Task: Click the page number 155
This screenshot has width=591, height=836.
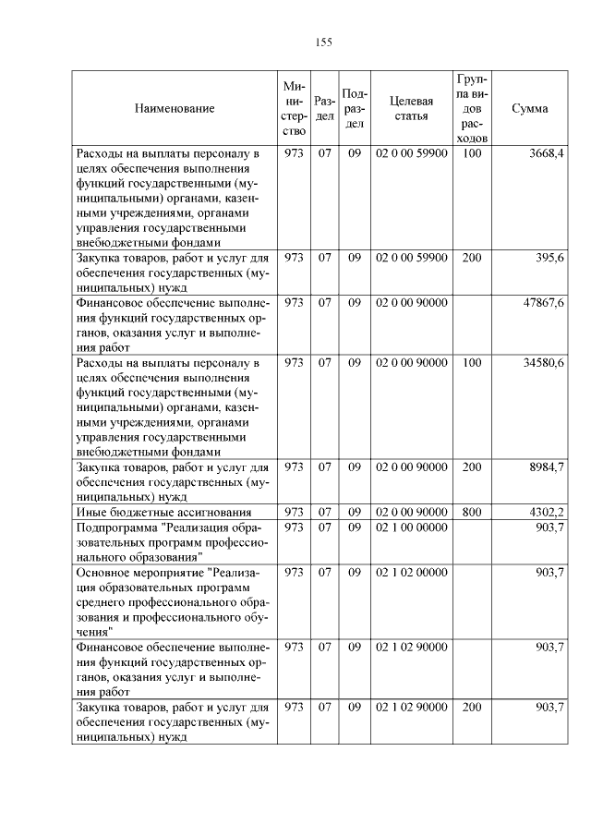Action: (323, 42)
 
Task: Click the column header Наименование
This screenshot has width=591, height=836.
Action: (175, 109)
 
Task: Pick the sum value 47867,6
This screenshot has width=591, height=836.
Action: (543, 303)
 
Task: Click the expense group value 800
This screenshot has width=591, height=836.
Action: (471, 512)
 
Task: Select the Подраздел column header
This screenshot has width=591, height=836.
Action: (355, 109)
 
